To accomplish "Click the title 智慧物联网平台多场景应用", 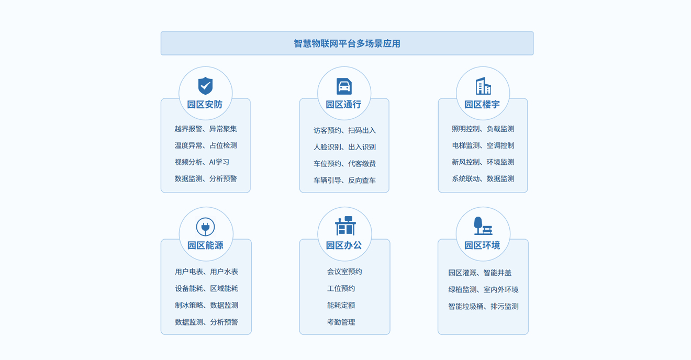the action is point(347,43).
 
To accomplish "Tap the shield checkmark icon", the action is point(205,86).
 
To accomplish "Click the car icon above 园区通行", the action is point(344,86).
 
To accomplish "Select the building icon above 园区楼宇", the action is point(483,86).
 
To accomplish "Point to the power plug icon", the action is point(205,227).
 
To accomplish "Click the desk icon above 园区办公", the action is point(345,226).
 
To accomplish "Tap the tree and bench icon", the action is point(483,226).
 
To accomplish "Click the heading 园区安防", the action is point(205,105).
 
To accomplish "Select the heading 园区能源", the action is point(205,245).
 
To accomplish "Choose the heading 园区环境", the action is point(483,245).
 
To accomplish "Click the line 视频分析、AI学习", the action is point(202,162).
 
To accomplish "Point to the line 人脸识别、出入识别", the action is point(344,147).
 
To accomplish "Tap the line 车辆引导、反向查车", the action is point(344,181).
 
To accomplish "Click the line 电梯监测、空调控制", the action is point(483,145).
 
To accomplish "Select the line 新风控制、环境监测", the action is point(483,162).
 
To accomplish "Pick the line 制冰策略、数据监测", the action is point(207,305).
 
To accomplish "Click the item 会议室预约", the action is point(344,272).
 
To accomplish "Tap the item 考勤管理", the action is point(341,322).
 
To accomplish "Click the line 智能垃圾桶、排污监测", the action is point(483,307).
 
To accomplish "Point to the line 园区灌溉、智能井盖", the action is point(480,273).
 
